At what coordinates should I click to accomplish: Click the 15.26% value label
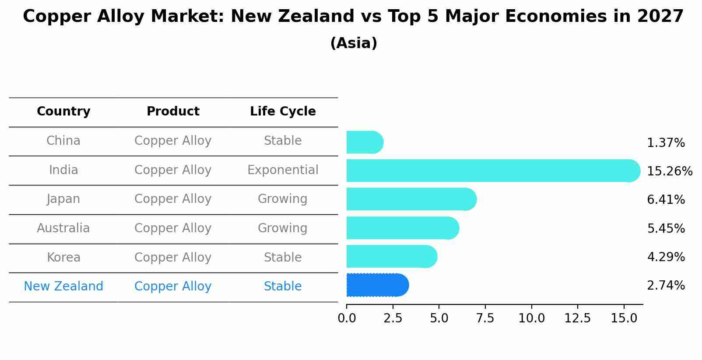pyautogui.click(x=669, y=171)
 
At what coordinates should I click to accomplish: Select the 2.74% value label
pyautogui.click(x=665, y=286)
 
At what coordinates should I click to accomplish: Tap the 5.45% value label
pyautogui.click(x=665, y=228)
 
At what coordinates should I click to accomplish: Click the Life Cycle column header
pyautogui.click(x=283, y=112)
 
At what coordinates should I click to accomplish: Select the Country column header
pyautogui.click(x=63, y=112)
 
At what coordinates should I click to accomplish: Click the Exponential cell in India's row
pyautogui.click(x=283, y=170)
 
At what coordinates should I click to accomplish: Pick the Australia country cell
pyautogui.click(x=63, y=228)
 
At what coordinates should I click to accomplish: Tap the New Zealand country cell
pyautogui.click(x=63, y=287)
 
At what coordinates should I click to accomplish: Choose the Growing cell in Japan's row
pyautogui.click(x=283, y=199)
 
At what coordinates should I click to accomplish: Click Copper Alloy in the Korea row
pyautogui.click(x=173, y=258)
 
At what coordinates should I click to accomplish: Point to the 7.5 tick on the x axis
pyautogui.click(x=485, y=318)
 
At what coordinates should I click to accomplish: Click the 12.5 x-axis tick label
pyautogui.click(x=577, y=318)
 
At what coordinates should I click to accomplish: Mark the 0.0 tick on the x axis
pyautogui.click(x=347, y=318)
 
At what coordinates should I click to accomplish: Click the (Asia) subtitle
pyautogui.click(x=354, y=43)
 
